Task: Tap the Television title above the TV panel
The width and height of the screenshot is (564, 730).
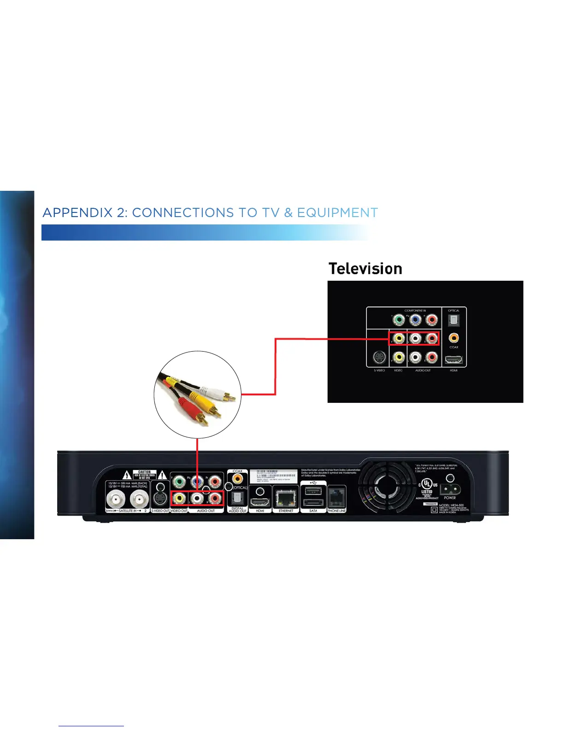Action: [x=365, y=269]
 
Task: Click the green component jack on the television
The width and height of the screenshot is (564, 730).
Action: [x=399, y=319]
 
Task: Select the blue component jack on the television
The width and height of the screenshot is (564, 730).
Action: [x=415, y=319]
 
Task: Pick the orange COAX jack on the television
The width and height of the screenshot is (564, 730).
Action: [x=454, y=338]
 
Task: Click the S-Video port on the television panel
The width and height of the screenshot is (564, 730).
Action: [x=379, y=357]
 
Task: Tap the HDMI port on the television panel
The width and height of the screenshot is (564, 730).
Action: [x=454, y=359]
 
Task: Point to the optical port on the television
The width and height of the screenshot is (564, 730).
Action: [x=454, y=320]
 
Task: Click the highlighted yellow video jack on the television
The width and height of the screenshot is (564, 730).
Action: [x=399, y=339]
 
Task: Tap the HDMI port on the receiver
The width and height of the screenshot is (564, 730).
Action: [x=260, y=502]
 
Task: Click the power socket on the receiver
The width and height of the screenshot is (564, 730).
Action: [x=450, y=489]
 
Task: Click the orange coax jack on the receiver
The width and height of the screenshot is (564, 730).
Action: [x=238, y=479]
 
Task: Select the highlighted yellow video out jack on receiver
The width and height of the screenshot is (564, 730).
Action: [x=179, y=498]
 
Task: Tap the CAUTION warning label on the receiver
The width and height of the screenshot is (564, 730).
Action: [x=144, y=475]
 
